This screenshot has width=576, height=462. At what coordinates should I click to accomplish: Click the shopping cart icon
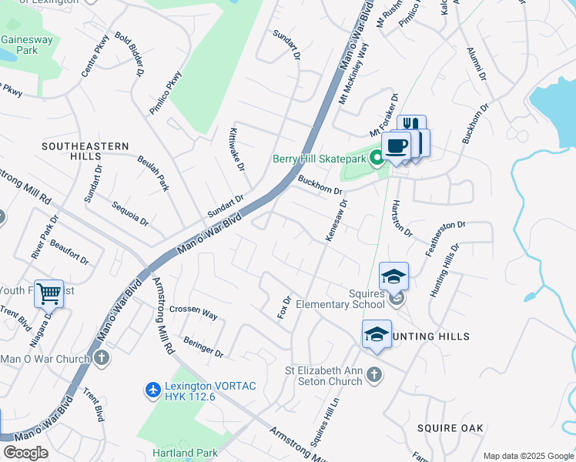coord(49,293)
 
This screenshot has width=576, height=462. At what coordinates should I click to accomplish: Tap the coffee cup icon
coord(397,146)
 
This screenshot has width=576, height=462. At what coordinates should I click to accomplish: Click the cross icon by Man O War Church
coord(101,358)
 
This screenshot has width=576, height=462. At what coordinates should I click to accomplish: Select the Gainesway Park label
coord(20,45)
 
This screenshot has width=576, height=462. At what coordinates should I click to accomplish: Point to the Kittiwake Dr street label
coord(236,149)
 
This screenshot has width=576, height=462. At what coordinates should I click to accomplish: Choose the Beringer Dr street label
coord(203,347)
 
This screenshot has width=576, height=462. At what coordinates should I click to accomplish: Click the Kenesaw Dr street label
coord(337,221)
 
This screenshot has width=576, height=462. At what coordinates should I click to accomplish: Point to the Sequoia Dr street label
coord(129,213)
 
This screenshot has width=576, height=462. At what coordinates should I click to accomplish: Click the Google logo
coord(25,452)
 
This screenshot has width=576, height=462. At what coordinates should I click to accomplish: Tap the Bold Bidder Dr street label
coord(130,54)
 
